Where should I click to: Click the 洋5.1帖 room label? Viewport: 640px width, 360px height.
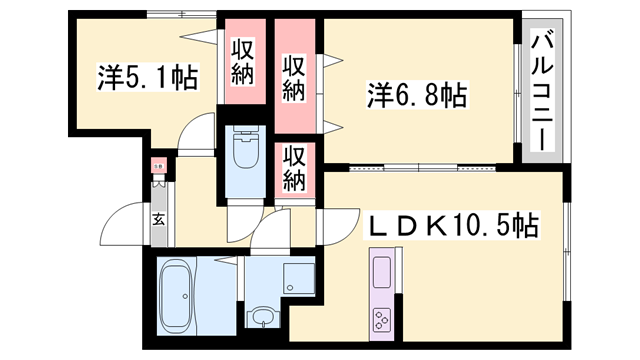[147, 76]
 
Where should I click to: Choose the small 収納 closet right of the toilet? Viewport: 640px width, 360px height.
[293, 168]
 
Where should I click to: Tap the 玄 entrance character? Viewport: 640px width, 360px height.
[158, 220]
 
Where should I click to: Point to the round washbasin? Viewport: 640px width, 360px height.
[261, 319]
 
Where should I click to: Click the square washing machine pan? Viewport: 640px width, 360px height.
[297, 277]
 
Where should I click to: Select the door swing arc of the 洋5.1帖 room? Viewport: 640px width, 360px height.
[200, 135]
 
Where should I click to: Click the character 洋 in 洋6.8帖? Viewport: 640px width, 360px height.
[378, 97]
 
